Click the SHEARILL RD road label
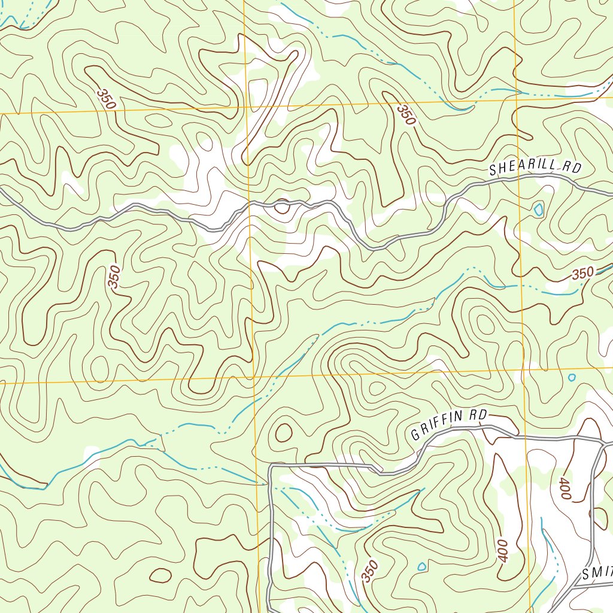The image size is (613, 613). [x=535, y=168]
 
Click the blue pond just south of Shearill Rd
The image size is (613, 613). [x=539, y=210]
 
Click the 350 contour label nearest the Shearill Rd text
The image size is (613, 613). [x=406, y=114]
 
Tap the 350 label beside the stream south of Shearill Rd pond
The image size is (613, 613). [x=582, y=274]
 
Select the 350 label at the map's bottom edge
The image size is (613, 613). [x=370, y=571]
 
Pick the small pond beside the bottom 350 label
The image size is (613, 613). [x=421, y=566]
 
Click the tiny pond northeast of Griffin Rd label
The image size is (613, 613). [x=572, y=378]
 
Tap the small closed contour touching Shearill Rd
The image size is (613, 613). [x=281, y=207]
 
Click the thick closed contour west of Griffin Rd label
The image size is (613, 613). [x=283, y=432]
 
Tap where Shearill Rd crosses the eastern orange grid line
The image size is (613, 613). [x=519, y=177]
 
